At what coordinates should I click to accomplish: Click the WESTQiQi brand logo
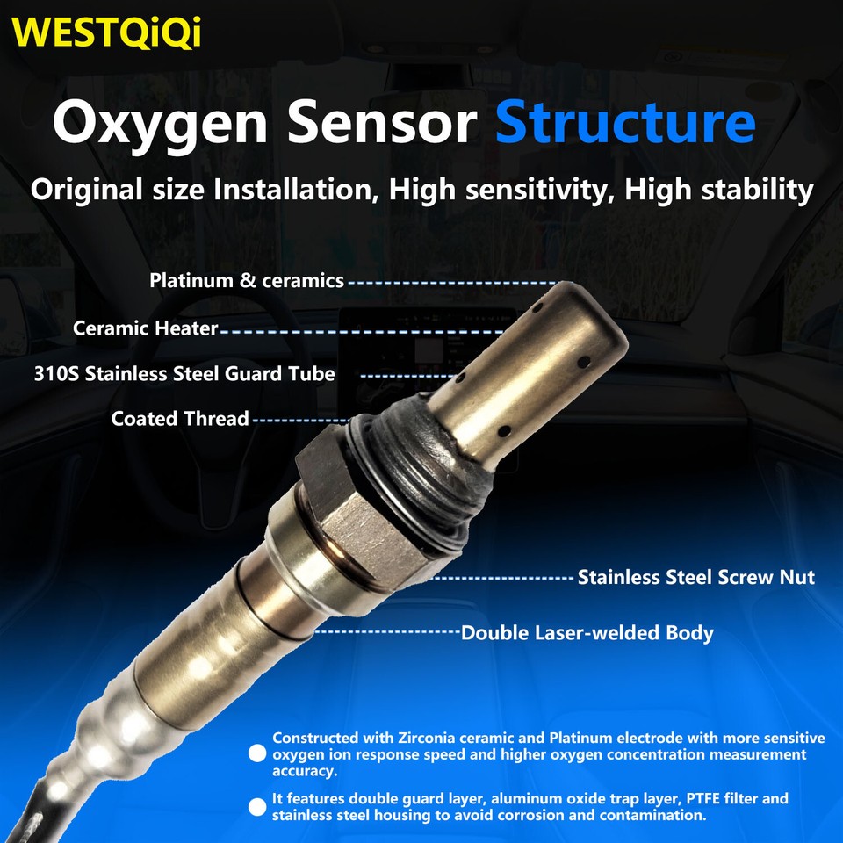(108, 32)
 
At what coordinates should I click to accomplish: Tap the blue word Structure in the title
(625, 123)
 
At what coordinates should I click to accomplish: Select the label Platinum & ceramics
(247, 281)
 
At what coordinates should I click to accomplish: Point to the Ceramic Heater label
(145, 328)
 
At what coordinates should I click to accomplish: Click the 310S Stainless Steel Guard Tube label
(184, 373)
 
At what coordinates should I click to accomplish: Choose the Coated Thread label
(180, 419)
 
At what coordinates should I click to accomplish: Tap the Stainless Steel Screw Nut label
(696, 577)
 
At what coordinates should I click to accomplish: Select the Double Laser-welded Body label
(587, 632)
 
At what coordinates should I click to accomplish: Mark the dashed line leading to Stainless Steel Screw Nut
(502, 578)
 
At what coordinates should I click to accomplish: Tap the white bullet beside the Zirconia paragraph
(257, 754)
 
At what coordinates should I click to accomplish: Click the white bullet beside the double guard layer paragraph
(257, 807)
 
